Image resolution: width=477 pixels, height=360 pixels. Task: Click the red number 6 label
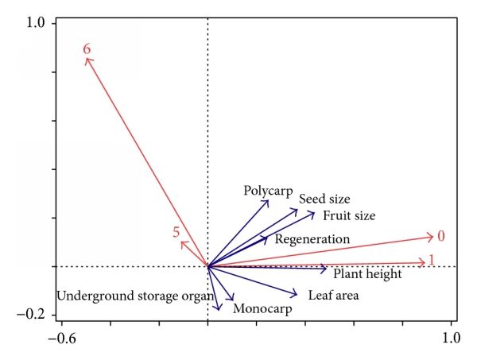pyautogui.click(x=87, y=49)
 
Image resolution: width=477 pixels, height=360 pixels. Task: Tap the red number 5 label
pyautogui.click(x=176, y=232)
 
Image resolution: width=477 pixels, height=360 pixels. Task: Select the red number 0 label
pyautogui.click(x=441, y=236)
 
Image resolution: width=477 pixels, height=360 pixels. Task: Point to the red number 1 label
pyautogui.click(x=432, y=260)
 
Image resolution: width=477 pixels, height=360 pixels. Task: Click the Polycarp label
pyautogui.click(x=268, y=191)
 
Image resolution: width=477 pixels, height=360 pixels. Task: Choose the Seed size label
pyautogui.click(x=324, y=199)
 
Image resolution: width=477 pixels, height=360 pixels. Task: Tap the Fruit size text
pyautogui.click(x=349, y=215)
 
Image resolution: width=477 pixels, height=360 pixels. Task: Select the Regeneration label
pyautogui.click(x=312, y=238)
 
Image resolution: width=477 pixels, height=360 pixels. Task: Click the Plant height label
pyautogui.click(x=367, y=274)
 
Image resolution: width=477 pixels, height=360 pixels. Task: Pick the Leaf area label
pyautogui.click(x=334, y=296)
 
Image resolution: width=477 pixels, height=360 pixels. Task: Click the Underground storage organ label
pyautogui.click(x=135, y=296)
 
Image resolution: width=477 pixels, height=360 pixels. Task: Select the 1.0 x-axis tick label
pyautogui.click(x=451, y=337)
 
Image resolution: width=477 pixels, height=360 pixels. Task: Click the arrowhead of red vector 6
pyautogui.click(x=87, y=58)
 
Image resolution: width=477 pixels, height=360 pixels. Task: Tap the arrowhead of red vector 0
pyautogui.click(x=433, y=236)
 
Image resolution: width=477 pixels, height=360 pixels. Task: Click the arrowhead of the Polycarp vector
pyautogui.click(x=268, y=200)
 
